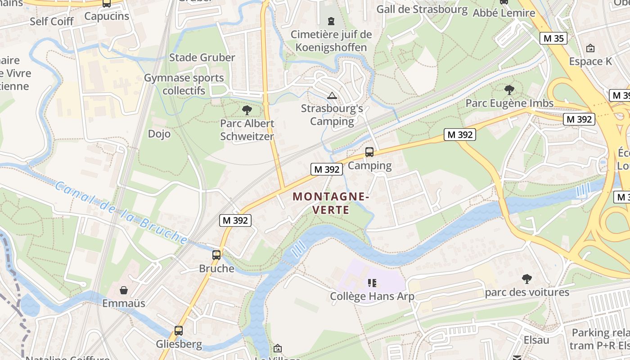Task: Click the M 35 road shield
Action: [553, 38]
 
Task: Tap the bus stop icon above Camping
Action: [369, 152]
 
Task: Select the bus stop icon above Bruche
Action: [216, 255]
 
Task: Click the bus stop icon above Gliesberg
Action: [179, 331]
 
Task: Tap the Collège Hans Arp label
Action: [372, 296]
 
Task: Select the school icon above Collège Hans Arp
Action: [372, 283]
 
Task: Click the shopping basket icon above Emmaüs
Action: [124, 290]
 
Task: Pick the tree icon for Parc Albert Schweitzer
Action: [247, 110]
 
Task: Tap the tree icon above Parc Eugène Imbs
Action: [509, 90]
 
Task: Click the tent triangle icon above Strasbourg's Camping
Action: [332, 95]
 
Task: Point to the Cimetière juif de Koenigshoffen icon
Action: [331, 21]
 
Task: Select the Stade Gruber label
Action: [202, 58]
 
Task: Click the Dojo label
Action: [159, 134]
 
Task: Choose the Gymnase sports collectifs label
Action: [184, 84]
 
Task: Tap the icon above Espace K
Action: [590, 48]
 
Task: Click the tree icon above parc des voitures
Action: [526, 279]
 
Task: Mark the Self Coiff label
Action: [52, 21]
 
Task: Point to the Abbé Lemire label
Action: [504, 13]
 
